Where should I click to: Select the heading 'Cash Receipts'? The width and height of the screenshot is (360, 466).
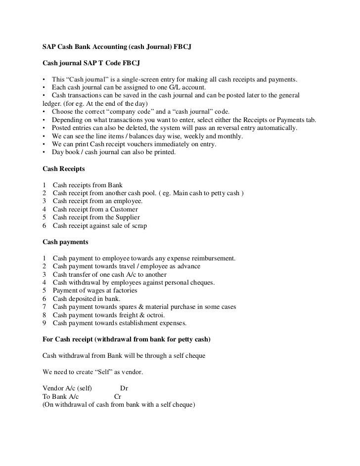click(64, 169)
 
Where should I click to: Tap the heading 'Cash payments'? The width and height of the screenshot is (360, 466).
click(65, 242)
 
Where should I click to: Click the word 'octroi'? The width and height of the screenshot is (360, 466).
click(154, 315)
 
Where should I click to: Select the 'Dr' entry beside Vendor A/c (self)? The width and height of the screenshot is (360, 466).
click(125, 388)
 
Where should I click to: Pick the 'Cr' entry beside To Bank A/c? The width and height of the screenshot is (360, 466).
click(118, 396)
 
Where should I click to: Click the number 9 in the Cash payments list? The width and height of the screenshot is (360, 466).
click(45, 323)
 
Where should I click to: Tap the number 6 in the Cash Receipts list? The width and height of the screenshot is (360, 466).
click(45, 226)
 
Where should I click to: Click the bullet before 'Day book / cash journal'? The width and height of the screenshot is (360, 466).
click(45, 153)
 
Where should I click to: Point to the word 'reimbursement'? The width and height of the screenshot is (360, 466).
click(210, 258)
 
